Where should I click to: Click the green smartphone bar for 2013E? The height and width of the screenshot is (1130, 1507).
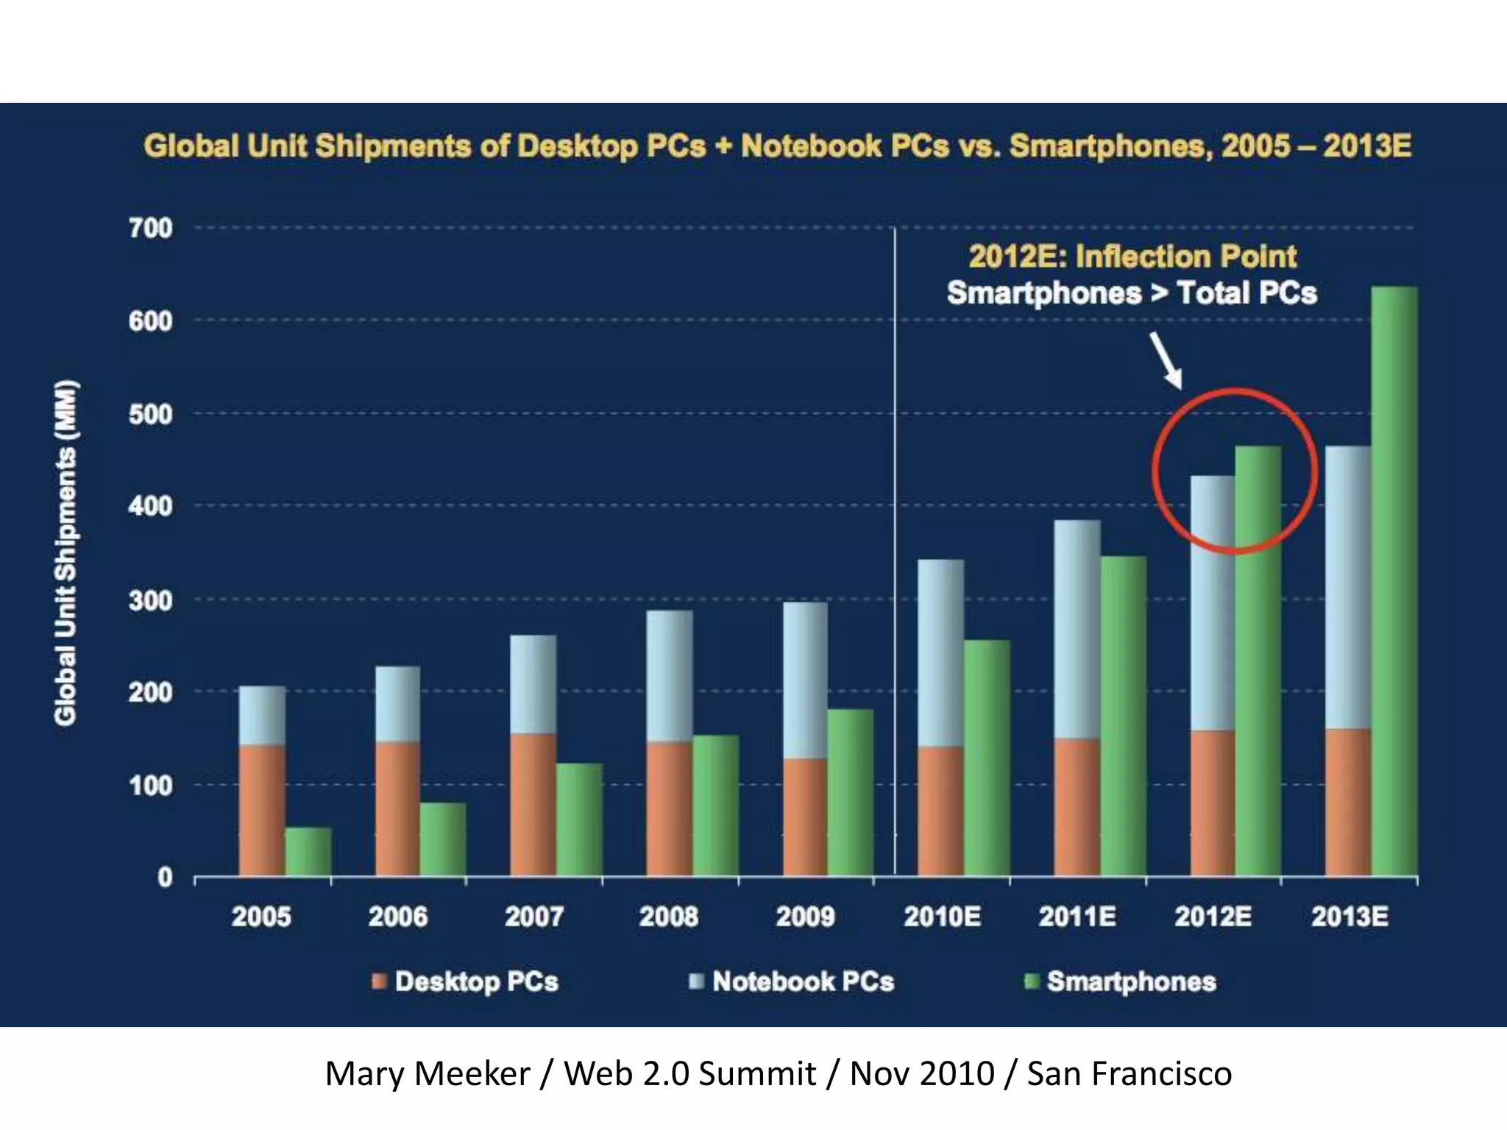pos(1394,581)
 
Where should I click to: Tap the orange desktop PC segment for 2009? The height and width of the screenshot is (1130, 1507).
pos(805,817)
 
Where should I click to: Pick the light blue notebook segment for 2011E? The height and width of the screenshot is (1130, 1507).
pos(1077,629)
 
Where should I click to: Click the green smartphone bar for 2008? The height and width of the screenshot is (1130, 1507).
pos(715,806)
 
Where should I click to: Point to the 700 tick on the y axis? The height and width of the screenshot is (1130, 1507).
pos(150,228)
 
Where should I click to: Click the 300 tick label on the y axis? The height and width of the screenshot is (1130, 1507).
pos(150,600)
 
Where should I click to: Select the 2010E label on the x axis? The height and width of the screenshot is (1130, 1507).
pos(942,917)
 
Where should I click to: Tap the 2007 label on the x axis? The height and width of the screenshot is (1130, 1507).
pos(533,917)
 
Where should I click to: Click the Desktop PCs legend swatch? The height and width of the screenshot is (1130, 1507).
pos(380,981)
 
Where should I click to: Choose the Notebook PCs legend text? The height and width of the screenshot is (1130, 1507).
pos(803,981)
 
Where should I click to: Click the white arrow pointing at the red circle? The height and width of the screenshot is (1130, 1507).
pos(1166,360)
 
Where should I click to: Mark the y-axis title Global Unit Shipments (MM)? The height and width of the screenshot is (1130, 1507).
pos(66,552)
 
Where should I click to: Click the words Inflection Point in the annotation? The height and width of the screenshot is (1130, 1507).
pos(1185,257)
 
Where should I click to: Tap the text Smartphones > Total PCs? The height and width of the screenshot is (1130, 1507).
pos(1131,293)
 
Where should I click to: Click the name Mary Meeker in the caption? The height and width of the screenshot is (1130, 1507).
pos(427,1073)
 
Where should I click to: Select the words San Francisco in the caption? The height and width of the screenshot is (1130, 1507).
pos(1129,1073)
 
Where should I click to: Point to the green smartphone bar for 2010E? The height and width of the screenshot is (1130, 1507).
pos(987,758)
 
